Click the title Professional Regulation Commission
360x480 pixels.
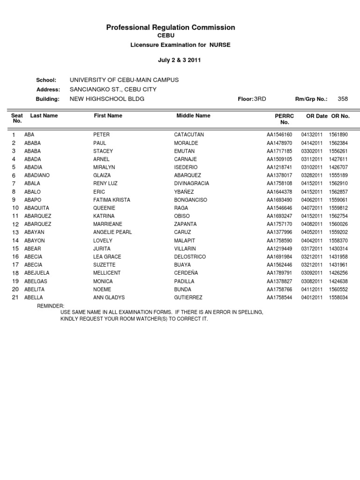tap(171, 28)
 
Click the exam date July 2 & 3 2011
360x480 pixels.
tap(180, 61)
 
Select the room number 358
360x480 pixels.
tap(343, 99)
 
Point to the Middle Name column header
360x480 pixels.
tap(193, 115)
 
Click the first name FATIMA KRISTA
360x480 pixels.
tap(112, 200)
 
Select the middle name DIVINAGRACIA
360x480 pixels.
tap(191, 183)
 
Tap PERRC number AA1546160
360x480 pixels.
tap(279, 135)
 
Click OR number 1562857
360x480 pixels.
tap(338, 192)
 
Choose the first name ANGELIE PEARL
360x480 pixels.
tap(112, 232)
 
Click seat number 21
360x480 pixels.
tap(15, 297)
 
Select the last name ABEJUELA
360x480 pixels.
tap(37, 273)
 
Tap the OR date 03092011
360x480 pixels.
tap(312, 273)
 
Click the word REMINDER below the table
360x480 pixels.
tap(51, 306)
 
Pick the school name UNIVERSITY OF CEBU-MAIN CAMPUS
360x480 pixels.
tap(124, 80)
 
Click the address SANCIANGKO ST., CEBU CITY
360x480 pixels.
tap(113, 90)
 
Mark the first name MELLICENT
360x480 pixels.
tap(107, 273)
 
